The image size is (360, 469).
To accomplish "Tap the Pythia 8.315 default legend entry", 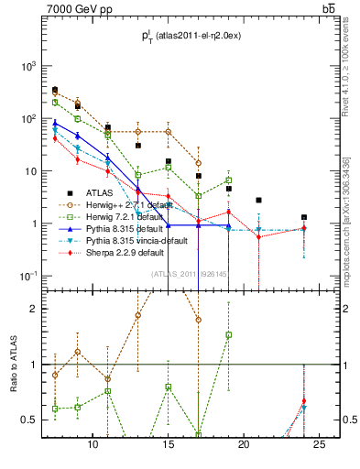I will pyautogui.click(x=125, y=229).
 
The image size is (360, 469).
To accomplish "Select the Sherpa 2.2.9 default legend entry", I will pyautogui.click(x=125, y=253).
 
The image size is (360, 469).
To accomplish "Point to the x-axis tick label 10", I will pyautogui.click(x=93, y=445).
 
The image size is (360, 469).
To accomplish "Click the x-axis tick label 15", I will pyautogui.click(x=169, y=445).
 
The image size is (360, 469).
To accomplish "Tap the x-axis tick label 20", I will pyautogui.click(x=244, y=445).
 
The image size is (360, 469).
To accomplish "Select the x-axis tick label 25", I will pyautogui.click(x=319, y=445).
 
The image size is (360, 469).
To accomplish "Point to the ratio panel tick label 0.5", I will pyautogui.click(x=32, y=420).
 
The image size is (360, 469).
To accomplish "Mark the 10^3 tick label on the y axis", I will pyautogui.click(x=29, y=67).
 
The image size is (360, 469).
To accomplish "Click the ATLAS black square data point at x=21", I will pyautogui.click(x=259, y=200).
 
